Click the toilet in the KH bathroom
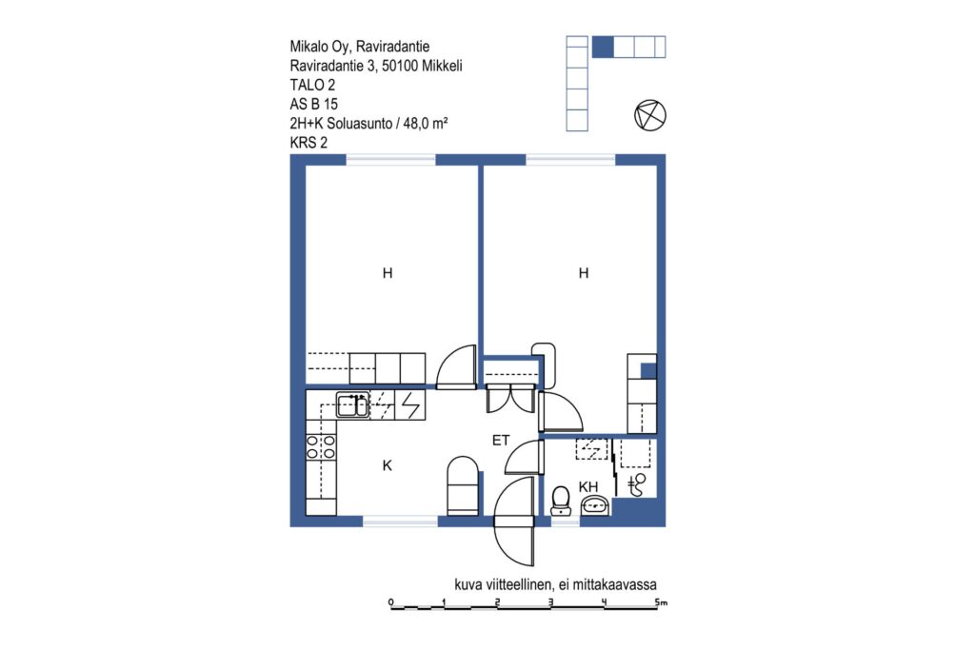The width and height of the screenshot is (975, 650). [x=561, y=501]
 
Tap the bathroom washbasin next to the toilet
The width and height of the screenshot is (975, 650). [x=595, y=506]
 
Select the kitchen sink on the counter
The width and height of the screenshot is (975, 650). [x=352, y=405]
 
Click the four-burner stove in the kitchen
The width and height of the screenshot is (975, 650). [x=321, y=447]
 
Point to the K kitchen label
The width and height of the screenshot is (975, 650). [x=388, y=465]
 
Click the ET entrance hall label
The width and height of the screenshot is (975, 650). [x=501, y=441]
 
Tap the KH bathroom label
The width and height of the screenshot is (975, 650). [x=588, y=486]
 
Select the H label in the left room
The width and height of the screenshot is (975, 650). [x=388, y=273]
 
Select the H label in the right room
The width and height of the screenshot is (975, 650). [x=584, y=273]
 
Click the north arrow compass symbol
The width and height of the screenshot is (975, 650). [x=649, y=115]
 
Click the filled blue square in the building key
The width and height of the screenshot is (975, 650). [x=603, y=47]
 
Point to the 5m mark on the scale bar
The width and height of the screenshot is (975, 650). [x=661, y=602]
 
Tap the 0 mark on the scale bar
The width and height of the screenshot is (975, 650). [x=390, y=602]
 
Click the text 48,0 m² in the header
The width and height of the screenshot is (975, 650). [x=426, y=123]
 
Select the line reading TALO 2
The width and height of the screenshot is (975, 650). [x=312, y=85]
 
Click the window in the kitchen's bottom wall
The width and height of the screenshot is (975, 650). [x=401, y=521]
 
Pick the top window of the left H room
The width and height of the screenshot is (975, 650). [x=390, y=160]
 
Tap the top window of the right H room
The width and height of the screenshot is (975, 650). [x=571, y=160]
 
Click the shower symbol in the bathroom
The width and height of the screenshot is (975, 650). [x=637, y=484]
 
